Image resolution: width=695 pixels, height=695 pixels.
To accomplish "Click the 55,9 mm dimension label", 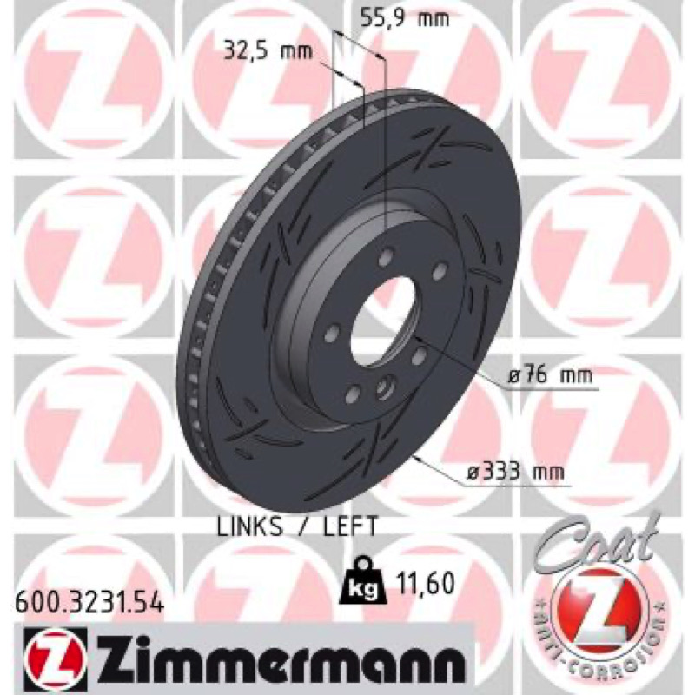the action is [x=404, y=19].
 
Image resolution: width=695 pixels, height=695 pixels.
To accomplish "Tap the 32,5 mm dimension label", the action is [x=268, y=52].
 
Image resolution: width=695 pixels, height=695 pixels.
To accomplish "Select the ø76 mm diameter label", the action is [x=550, y=376].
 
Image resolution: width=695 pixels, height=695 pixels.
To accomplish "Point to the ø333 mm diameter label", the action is [x=516, y=472].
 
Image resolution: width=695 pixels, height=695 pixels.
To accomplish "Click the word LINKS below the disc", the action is [x=249, y=526].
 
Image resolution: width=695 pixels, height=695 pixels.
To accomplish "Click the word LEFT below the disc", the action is [x=348, y=526].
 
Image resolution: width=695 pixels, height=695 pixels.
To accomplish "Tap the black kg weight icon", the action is [x=363, y=580].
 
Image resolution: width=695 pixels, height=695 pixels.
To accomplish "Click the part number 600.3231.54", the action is [x=90, y=603].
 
